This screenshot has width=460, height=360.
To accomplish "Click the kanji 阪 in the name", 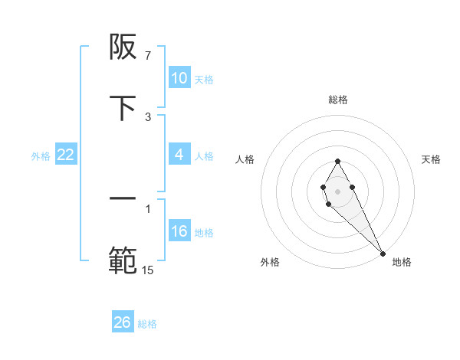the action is pyautogui.click(x=123, y=48).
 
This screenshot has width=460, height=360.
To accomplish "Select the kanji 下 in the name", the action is pyautogui.click(x=123, y=109).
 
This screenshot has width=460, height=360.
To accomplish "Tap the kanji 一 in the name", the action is pyautogui.click(x=123, y=199).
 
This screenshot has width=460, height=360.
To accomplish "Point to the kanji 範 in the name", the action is pyautogui.click(x=123, y=261).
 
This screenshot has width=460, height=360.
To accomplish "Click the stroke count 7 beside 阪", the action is pyautogui.click(x=148, y=55).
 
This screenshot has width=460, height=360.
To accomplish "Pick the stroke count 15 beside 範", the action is pyautogui.click(x=148, y=270).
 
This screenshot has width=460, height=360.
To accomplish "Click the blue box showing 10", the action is pyautogui.click(x=179, y=78).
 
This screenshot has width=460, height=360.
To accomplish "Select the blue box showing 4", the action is pyautogui.click(x=179, y=155).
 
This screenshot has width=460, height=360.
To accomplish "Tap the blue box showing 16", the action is pyautogui.click(x=179, y=231).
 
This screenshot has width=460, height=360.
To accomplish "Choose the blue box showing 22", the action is pyautogui.click(x=66, y=155).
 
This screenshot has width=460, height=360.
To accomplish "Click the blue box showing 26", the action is pyautogui.click(x=123, y=322).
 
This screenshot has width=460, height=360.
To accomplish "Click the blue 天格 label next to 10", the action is pyautogui.click(x=204, y=79).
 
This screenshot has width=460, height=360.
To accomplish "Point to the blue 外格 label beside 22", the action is pyautogui.click(x=41, y=155).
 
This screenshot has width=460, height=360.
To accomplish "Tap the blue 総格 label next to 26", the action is pyautogui.click(x=147, y=323).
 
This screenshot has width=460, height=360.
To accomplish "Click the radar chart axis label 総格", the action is pyautogui.click(x=338, y=100).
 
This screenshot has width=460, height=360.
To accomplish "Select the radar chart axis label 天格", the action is pyautogui.click(x=432, y=159).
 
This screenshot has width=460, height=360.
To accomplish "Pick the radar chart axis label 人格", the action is pyautogui.click(x=245, y=159).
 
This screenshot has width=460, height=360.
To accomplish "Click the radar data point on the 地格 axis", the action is pyautogui.click(x=383, y=253).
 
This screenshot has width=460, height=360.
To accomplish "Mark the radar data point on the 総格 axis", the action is pyautogui.click(x=337, y=161).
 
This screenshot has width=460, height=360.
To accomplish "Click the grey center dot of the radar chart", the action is pyautogui.click(x=337, y=190).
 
